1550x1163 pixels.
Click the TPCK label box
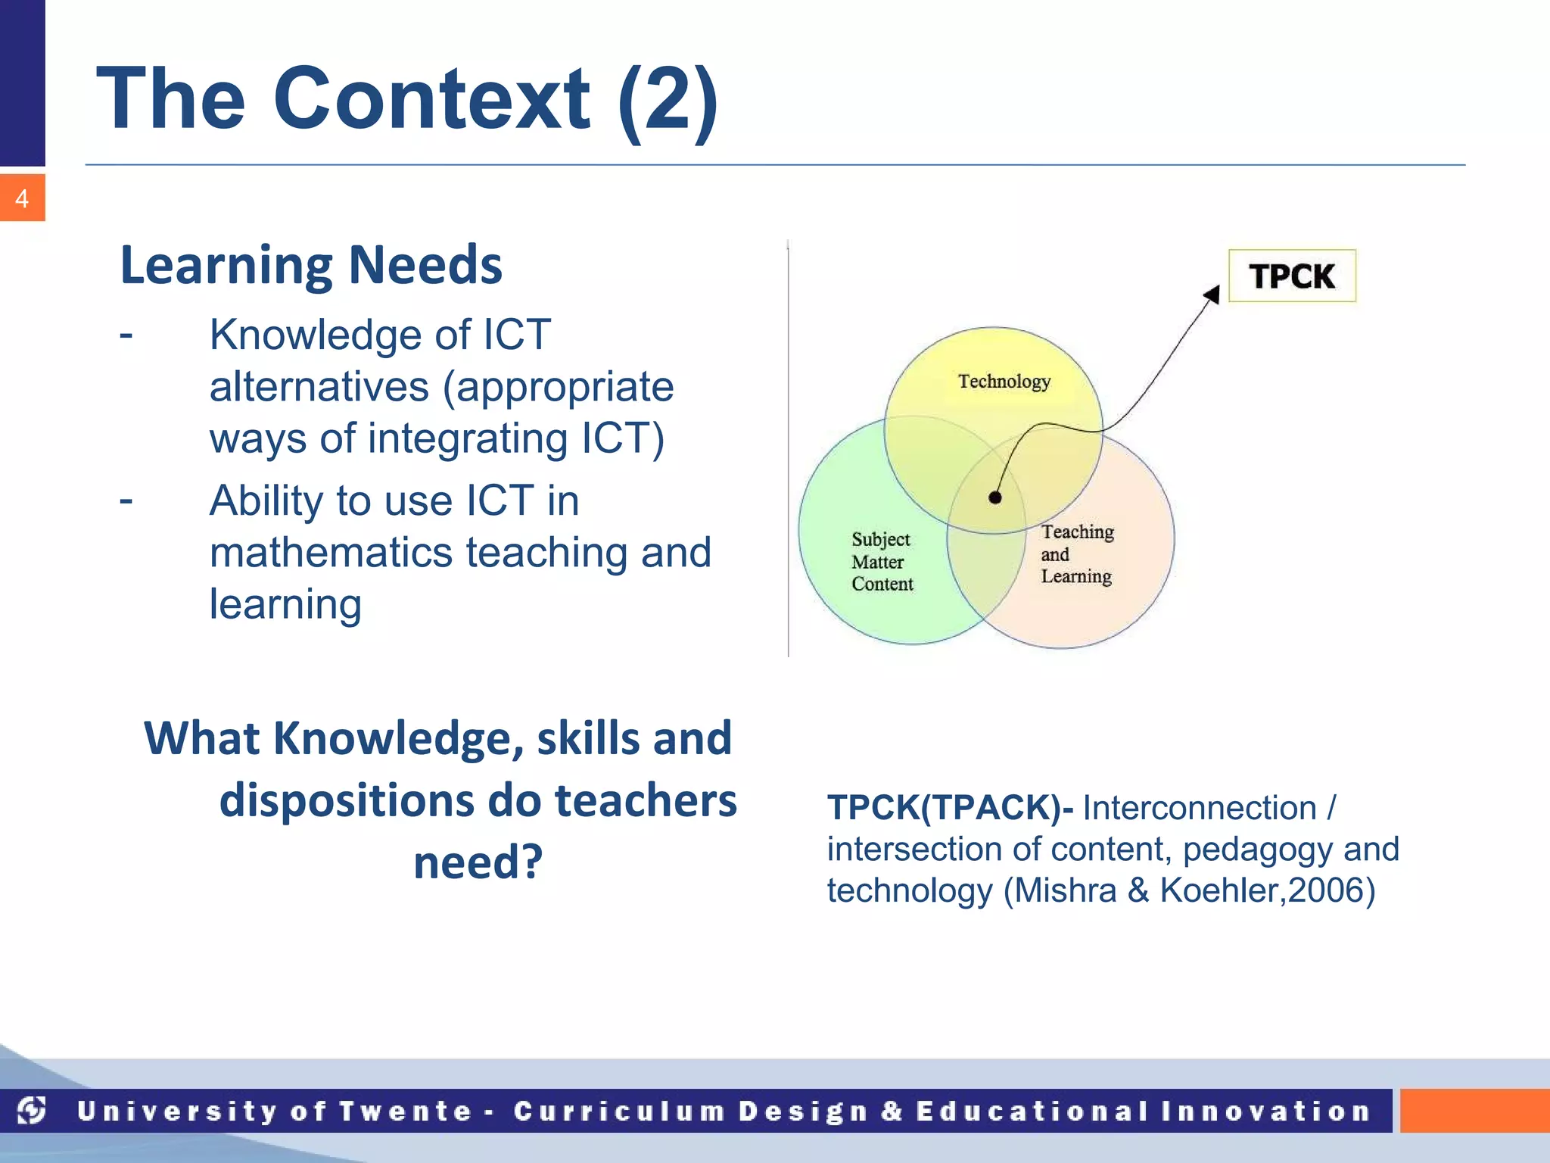[1291, 276]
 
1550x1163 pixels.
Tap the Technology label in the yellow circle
[1004, 381]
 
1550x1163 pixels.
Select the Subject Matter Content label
[882, 561]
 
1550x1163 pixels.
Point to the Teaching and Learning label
[1076, 553]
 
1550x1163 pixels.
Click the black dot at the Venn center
[995, 497]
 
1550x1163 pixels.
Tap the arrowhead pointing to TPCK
[1212, 294]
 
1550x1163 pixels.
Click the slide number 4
[22, 198]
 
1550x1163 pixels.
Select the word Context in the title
[431, 98]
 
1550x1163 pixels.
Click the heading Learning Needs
[311, 265]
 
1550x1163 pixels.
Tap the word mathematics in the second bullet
[330, 552]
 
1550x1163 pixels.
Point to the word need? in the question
[478, 862]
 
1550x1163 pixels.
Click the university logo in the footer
[32, 1110]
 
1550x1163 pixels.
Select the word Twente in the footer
[405, 1111]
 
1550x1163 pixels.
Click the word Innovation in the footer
[1266, 1111]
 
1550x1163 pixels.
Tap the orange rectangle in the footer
[1474, 1111]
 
